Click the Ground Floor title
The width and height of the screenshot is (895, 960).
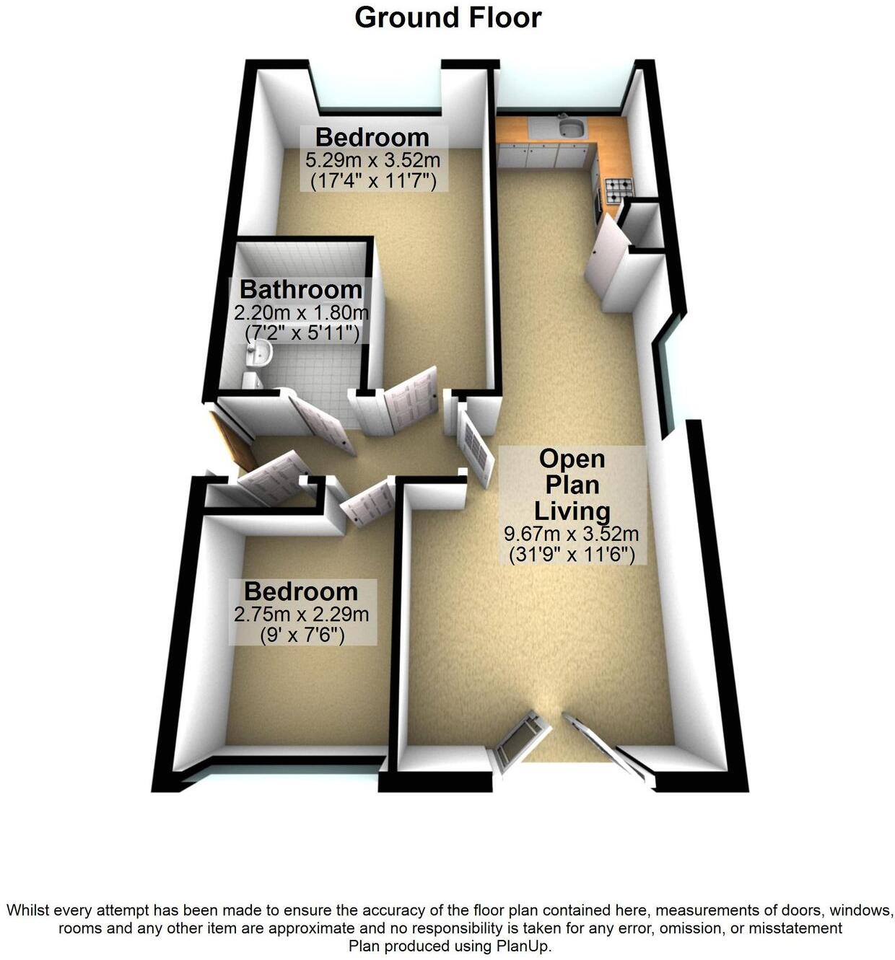[447, 17]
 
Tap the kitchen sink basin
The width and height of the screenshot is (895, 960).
[572, 129]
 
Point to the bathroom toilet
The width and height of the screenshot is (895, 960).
[251, 379]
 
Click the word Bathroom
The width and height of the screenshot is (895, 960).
[301, 289]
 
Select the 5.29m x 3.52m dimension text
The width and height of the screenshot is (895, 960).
[373, 159]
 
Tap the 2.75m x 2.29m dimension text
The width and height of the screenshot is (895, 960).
[301, 615]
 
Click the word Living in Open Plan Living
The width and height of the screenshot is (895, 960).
[572, 511]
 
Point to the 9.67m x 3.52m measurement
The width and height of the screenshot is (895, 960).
[572, 534]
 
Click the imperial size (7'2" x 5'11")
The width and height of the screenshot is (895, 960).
[302, 333]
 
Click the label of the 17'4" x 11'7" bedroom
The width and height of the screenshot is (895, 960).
[372, 137]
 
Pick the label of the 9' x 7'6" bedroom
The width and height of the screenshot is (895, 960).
[301, 591]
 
